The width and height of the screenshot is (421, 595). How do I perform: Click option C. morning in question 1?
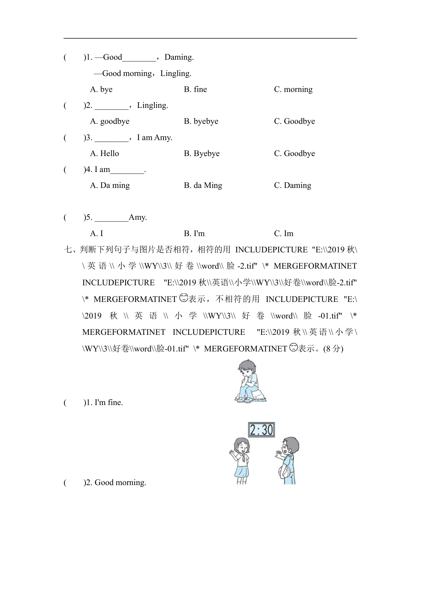(293, 90)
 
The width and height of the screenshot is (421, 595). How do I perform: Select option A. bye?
(101, 90)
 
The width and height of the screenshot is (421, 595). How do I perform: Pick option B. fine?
(195, 90)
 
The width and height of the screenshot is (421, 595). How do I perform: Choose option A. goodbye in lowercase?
(110, 121)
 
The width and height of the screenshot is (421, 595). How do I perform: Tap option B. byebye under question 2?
(201, 121)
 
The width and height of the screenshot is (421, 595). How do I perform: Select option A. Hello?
(104, 154)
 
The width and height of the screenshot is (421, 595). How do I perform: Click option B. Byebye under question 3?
(202, 154)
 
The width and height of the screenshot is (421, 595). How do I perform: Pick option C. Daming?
(292, 186)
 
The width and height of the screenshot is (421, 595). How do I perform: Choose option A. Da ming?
(110, 186)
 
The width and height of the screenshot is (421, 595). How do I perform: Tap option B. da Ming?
(203, 186)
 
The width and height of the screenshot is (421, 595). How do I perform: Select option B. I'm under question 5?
(194, 234)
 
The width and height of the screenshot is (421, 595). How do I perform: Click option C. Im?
(284, 234)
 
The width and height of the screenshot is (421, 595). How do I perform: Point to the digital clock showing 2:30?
(261, 430)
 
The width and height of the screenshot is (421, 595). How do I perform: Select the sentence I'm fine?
(109, 403)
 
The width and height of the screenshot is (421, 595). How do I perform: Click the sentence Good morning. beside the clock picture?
(120, 483)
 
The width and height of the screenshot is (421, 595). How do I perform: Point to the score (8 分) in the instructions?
(333, 349)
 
